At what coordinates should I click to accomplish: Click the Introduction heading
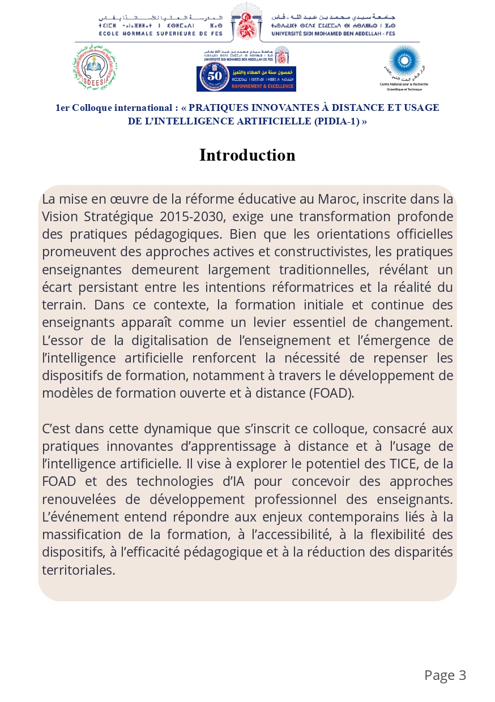point(247,155)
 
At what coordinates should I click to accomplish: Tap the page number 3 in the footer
point(462,675)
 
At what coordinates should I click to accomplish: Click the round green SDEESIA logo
point(95,67)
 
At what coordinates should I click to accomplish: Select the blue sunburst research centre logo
point(404,62)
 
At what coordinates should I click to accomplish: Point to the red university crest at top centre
point(246,21)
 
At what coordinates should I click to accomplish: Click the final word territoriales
point(78,570)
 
